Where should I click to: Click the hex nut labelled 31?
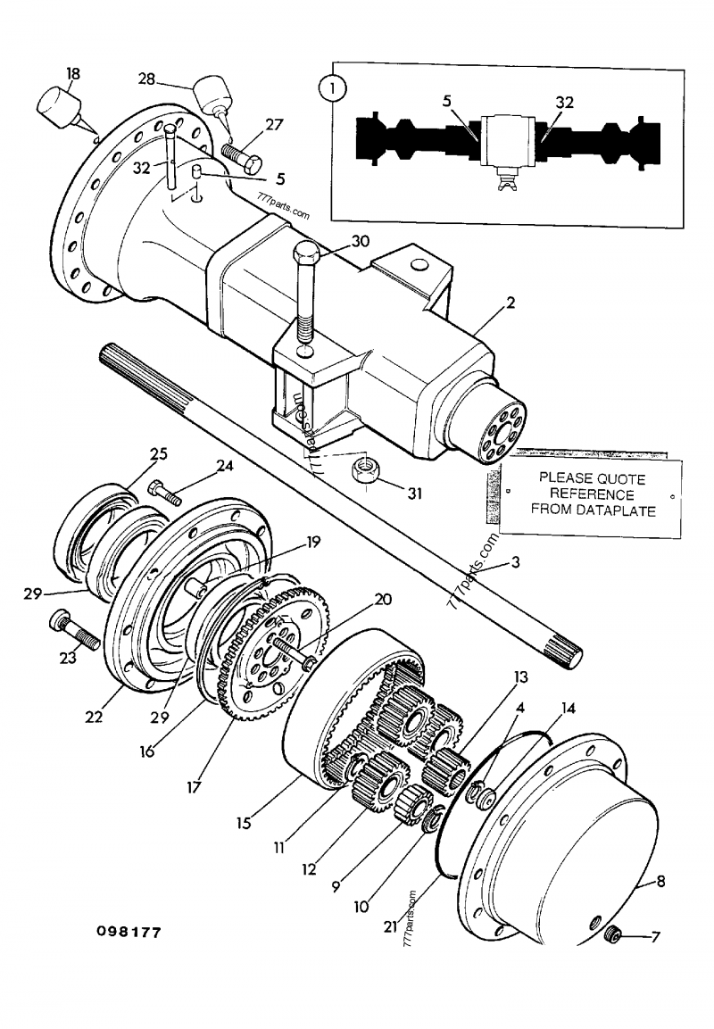click(364, 471)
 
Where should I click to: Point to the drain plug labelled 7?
click(613, 936)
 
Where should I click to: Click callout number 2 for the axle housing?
click(510, 303)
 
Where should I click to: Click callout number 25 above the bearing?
click(158, 454)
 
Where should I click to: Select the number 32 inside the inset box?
click(564, 103)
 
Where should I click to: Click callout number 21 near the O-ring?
click(389, 926)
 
